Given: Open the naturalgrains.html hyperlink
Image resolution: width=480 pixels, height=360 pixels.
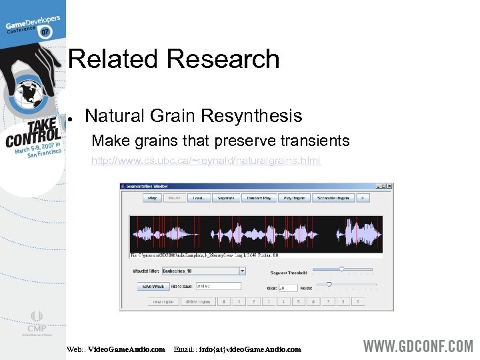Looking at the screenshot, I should click(x=205, y=161).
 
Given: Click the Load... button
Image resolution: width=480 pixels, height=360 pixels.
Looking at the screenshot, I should click(x=199, y=198).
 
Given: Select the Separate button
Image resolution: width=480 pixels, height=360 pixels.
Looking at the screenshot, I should click(x=226, y=198).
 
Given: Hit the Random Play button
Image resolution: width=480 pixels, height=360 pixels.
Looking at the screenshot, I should click(x=259, y=198).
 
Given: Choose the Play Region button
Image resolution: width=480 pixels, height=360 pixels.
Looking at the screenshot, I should click(x=294, y=198).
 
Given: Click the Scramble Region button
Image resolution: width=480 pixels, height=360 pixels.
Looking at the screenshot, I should click(x=333, y=198).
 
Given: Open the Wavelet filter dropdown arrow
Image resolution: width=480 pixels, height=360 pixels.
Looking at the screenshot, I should click(x=242, y=271).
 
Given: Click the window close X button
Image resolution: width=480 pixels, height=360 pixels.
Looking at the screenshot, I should click(x=389, y=186).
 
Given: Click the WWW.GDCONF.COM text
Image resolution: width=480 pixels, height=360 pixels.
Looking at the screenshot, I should click(x=417, y=346).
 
